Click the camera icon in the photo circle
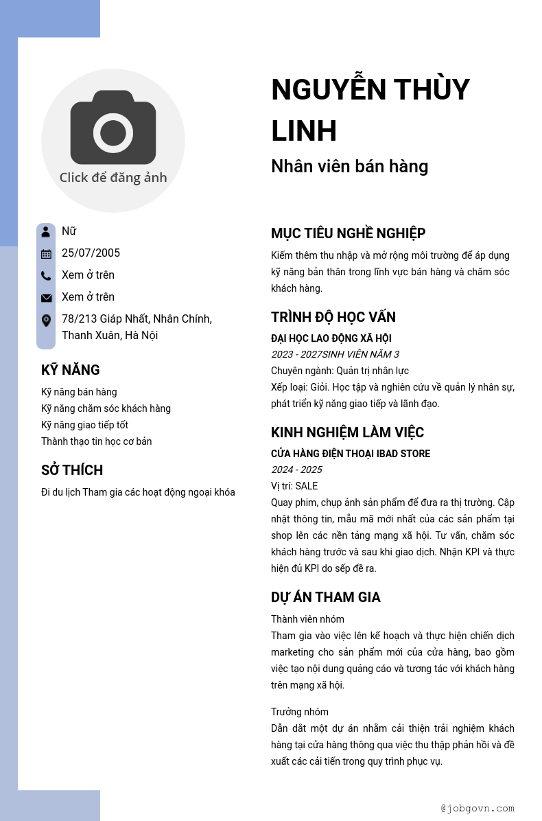click(x=113, y=128)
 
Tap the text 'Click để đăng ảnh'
click(x=113, y=177)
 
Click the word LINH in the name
click(x=304, y=131)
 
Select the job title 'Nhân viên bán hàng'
click(x=349, y=166)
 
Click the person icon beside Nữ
click(x=46, y=231)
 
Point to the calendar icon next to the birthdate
click(x=46, y=253)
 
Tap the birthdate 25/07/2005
click(x=91, y=253)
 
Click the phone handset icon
click(x=46, y=275)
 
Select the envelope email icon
click(x=46, y=297)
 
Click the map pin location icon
click(x=46, y=320)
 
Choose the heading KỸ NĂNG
click(x=70, y=370)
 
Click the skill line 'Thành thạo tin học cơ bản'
click(x=96, y=441)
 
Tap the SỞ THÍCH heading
click(x=72, y=470)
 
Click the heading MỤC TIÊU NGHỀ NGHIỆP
click(x=348, y=233)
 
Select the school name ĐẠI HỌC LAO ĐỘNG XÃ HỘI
click(x=331, y=338)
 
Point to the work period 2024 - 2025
click(x=296, y=470)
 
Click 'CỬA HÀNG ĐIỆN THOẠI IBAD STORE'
click(x=351, y=454)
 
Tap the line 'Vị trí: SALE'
click(x=294, y=486)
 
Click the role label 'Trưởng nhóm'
click(x=299, y=712)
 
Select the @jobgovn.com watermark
click(x=478, y=808)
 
